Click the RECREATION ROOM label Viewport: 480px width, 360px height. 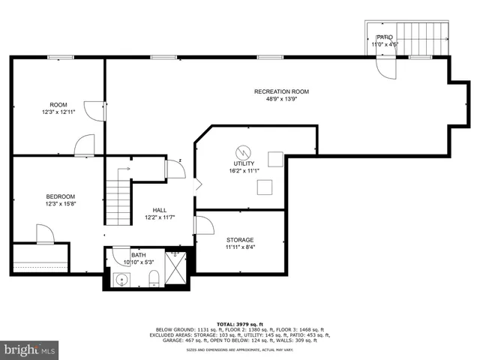281,91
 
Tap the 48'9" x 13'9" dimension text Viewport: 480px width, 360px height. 281,99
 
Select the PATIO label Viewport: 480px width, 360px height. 385,37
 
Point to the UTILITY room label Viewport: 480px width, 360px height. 244,163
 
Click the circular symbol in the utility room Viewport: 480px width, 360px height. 243,150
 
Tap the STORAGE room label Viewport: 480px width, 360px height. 240,240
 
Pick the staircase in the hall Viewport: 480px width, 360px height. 118,199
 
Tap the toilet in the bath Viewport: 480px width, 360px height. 154,279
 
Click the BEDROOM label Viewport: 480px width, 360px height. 61,196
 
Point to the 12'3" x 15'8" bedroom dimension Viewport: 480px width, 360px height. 61,204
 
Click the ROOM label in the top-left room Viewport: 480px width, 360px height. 58,104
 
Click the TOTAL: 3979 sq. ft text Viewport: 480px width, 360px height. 241,323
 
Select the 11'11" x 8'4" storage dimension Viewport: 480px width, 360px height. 240,247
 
